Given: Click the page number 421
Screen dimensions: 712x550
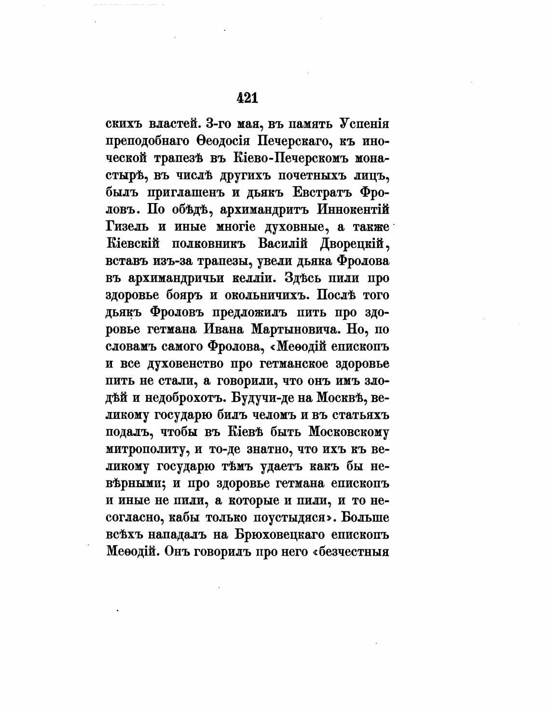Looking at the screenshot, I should tap(247, 98).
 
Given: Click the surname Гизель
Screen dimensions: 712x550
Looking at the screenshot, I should tap(127, 226).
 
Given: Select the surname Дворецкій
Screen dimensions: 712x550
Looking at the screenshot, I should tap(355, 244).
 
